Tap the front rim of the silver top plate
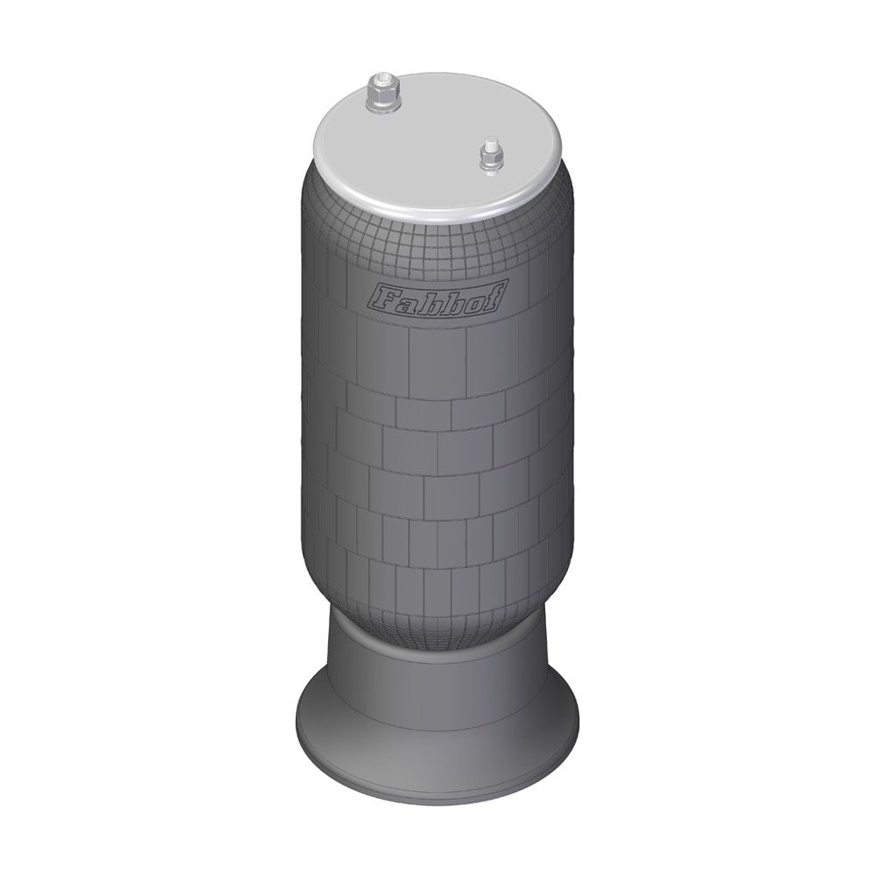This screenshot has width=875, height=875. pos(436,216)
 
